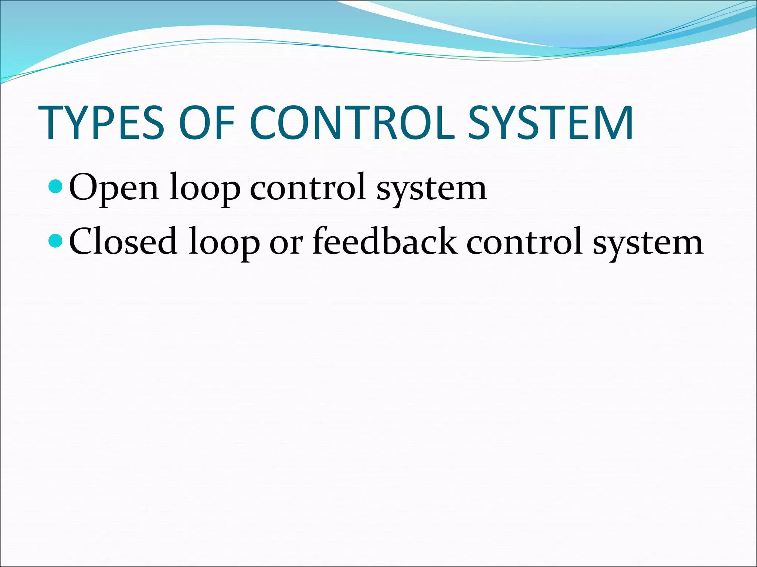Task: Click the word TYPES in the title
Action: [x=101, y=123]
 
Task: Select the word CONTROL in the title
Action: [x=352, y=123]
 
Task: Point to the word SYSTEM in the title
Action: [x=551, y=123]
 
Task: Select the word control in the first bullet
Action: [x=308, y=188]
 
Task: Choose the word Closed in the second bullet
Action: [x=123, y=242]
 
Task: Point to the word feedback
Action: [x=384, y=242]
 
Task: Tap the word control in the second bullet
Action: [x=525, y=242]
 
